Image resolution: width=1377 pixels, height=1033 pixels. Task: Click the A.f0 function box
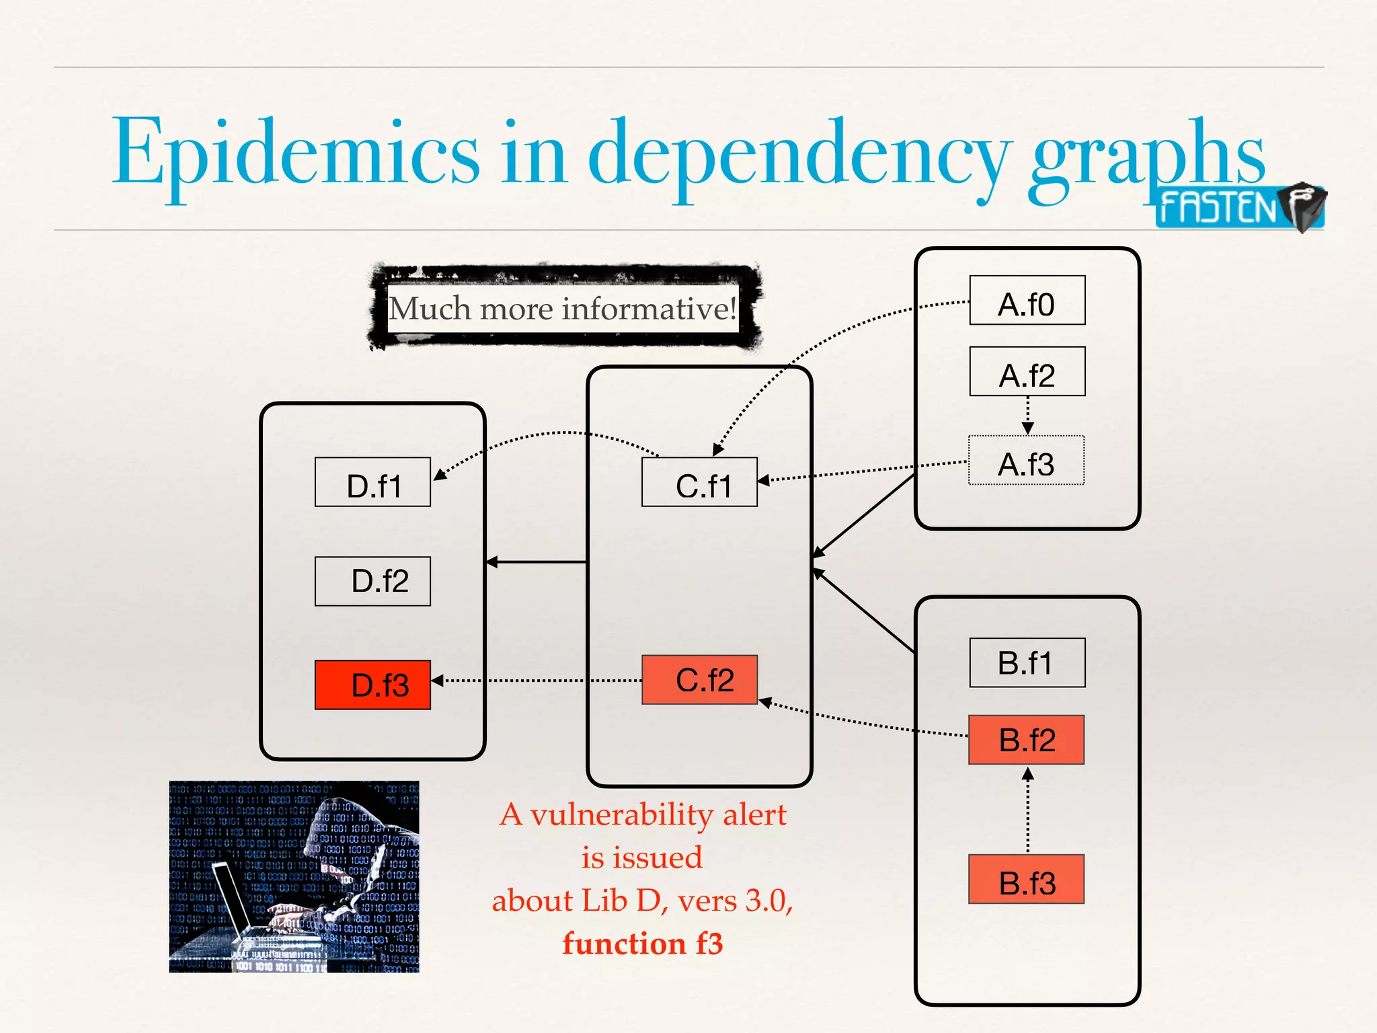[1027, 301]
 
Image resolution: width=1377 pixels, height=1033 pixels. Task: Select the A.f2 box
[1027, 372]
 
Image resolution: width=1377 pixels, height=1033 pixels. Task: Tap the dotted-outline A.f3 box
[1026, 461]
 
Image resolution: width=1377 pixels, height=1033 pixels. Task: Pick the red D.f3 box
[372, 685]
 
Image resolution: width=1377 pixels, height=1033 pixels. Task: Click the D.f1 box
[372, 482]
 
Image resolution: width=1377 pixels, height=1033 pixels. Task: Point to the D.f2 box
[372, 581]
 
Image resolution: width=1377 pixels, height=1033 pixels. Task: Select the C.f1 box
[699, 482]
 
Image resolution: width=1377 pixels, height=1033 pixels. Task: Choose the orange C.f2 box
[699, 680]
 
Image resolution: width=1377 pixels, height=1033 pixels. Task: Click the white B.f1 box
[1027, 662]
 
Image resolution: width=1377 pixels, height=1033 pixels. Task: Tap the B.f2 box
[1026, 740]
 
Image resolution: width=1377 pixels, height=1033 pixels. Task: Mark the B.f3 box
[1026, 879]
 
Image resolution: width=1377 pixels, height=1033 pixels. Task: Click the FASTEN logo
[1238, 207]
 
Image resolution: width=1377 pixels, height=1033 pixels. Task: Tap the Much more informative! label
[563, 309]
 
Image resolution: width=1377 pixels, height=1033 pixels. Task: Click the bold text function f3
[642, 944]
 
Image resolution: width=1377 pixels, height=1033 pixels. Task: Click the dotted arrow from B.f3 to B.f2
[1027, 810]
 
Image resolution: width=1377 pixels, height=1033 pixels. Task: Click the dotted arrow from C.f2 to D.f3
[538, 681]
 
